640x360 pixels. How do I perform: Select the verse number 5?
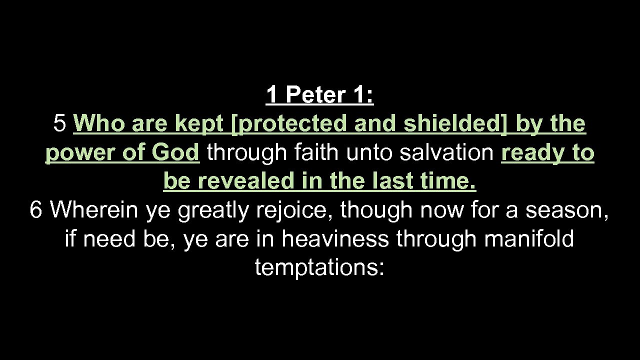pos(59,123)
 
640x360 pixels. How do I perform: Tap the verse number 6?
pos(35,210)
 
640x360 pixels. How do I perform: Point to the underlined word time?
pos(449,181)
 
